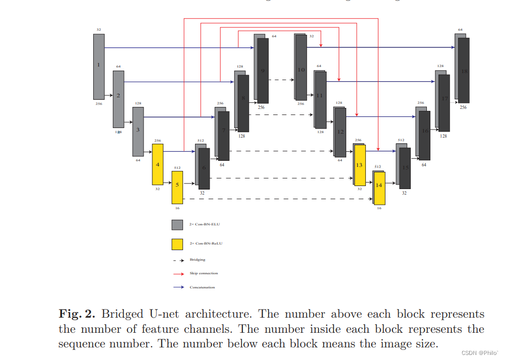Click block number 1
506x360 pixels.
pos(99,66)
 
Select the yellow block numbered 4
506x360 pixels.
pos(158,164)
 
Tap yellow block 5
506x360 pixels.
pos(177,186)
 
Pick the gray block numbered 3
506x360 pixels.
pos(138,131)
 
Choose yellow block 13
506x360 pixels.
pos(359,165)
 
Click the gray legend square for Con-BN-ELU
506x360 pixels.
pos(177,225)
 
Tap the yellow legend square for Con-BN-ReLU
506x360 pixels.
pos(177,245)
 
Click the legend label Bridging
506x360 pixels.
pos(198,260)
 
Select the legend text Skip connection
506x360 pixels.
pos(204,273)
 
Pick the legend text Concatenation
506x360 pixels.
pos(202,287)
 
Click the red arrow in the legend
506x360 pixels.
pos(177,274)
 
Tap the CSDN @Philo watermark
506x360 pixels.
pos(478,352)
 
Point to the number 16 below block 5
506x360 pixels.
pos(177,208)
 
